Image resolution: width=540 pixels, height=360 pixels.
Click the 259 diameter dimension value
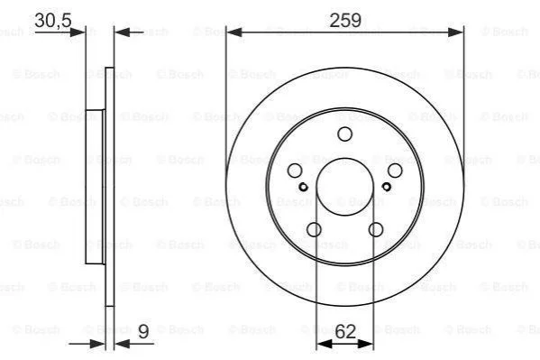[x=345, y=21]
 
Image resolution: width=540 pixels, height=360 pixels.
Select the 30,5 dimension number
[x=53, y=21]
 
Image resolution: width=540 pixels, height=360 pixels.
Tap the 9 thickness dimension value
[x=143, y=332]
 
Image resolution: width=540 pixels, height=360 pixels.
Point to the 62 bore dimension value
[x=345, y=332]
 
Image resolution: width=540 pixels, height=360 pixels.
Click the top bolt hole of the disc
[x=344, y=134]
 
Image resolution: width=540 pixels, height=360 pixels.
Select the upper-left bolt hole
[x=295, y=171]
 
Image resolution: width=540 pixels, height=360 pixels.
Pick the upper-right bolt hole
[x=395, y=171]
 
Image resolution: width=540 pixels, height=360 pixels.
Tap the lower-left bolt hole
[x=314, y=230]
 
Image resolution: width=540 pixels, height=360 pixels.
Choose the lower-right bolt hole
[x=375, y=230]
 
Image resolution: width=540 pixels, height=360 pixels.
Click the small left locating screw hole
[x=303, y=187]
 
